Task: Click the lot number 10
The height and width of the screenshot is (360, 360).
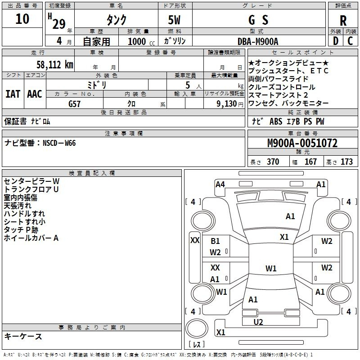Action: [x=22, y=19]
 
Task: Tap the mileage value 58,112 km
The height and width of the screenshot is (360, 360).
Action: [x=55, y=64]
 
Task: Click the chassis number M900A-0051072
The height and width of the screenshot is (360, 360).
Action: [x=302, y=144]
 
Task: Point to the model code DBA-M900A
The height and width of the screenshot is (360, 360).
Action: [x=258, y=41]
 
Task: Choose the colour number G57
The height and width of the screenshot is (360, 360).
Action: [x=74, y=103]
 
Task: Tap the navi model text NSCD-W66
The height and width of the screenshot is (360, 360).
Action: [x=59, y=143]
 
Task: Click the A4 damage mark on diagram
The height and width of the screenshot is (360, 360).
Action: [x=220, y=184]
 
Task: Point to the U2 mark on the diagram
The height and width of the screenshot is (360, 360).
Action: [x=258, y=322]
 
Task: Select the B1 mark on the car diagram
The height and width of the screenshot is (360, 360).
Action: [x=215, y=241]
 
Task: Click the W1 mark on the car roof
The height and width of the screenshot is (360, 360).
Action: [x=271, y=269]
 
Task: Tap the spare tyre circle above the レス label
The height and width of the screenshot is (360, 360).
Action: [x=197, y=329]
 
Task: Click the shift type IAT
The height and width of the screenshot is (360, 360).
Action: [x=13, y=94]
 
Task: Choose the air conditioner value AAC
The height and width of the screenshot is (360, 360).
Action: [x=35, y=94]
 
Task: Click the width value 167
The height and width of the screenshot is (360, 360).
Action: [x=310, y=162]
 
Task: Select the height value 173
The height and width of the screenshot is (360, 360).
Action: [x=346, y=162]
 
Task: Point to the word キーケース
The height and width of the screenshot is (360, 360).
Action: [x=23, y=337]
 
